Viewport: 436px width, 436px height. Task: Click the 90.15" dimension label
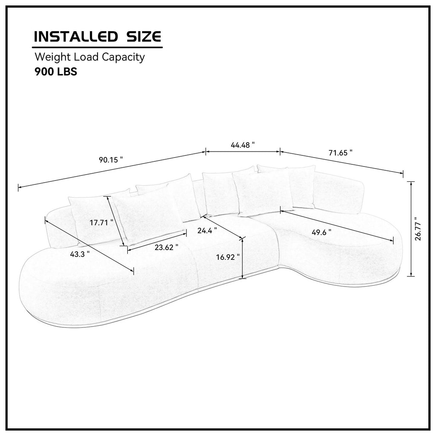point(111,160)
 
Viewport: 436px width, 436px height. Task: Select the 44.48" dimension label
point(243,144)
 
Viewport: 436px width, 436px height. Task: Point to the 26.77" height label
point(419,229)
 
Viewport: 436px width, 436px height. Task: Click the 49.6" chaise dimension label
point(321,232)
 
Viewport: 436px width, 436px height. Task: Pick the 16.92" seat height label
point(228,257)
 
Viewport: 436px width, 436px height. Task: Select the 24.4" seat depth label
point(207,230)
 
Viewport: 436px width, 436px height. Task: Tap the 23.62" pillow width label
point(166,247)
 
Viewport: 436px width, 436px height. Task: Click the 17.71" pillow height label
point(101,222)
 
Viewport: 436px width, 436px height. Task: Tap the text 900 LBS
point(55,72)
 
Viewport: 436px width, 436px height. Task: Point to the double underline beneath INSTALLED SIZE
point(98,46)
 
